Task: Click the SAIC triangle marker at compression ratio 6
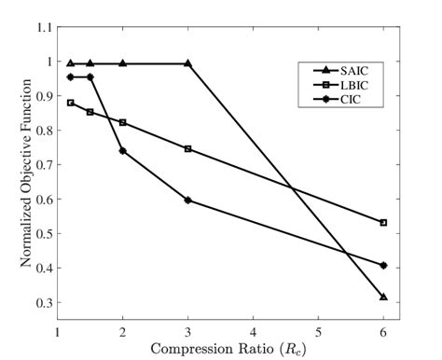[383, 297]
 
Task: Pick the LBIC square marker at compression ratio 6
[383, 223]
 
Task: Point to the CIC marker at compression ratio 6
[383, 265]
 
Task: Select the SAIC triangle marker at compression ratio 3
[187, 63]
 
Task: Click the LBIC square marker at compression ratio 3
[187, 148]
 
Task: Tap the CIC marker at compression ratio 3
[187, 200]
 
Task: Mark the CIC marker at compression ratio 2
[122, 150]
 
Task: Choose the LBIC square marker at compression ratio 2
[122, 122]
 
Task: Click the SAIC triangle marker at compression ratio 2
[122, 63]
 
